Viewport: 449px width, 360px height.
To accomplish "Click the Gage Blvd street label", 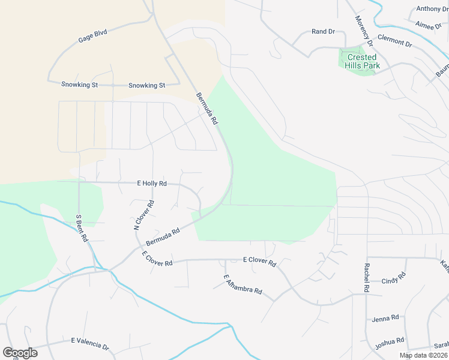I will [x=92, y=36].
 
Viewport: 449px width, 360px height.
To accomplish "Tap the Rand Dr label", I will [x=323, y=31].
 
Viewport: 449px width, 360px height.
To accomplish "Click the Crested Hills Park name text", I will [x=361, y=61].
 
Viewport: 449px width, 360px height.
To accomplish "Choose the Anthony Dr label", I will [x=432, y=9].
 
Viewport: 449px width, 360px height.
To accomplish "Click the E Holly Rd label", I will [x=152, y=184].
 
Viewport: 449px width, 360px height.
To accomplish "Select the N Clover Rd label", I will [x=143, y=215].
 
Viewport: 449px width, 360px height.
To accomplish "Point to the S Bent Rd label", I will [x=82, y=228].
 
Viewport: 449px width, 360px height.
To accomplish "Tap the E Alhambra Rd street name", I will [x=243, y=284].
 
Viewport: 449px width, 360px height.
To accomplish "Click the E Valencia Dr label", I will [x=90, y=343].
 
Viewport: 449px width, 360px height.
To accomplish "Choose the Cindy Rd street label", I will [x=394, y=280].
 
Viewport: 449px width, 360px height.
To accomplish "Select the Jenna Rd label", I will [x=385, y=318].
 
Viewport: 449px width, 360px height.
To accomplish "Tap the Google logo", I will [x=20, y=353].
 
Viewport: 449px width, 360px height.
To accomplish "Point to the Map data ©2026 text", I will [x=423, y=355].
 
